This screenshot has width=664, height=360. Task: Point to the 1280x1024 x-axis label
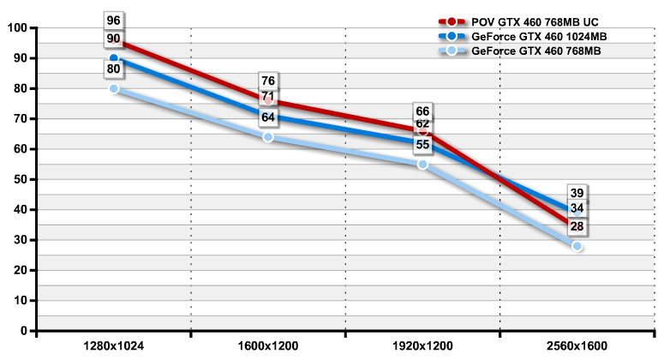(x=113, y=346)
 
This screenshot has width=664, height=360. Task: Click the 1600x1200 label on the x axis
(x=268, y=346)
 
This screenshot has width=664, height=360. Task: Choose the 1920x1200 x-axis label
(x=422, y=346)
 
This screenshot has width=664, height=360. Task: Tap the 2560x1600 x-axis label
(x=577, y=346)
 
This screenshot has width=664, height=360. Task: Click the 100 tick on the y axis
(x=16, y=28)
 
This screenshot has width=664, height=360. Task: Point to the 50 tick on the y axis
(x=19, y=179)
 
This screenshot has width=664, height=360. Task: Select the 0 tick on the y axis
(x=23, y=330)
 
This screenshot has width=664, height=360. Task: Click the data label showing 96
(x=114, y=20)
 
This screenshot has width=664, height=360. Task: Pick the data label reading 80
(x=114, y=68)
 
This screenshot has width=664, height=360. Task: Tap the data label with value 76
(x=268, y=81)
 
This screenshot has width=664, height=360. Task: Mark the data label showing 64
(x=268, y=117)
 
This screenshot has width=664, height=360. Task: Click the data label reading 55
(x=422, y=145)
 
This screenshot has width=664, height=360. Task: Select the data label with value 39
(x=577, y=193)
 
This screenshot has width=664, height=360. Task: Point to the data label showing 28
(x=577, y=226)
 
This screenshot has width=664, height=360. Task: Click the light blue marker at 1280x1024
(x=114, y=88)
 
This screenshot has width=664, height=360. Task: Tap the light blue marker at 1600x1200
(x=268, y=137)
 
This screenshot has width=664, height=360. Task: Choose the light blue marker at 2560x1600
(x=577, y=246)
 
